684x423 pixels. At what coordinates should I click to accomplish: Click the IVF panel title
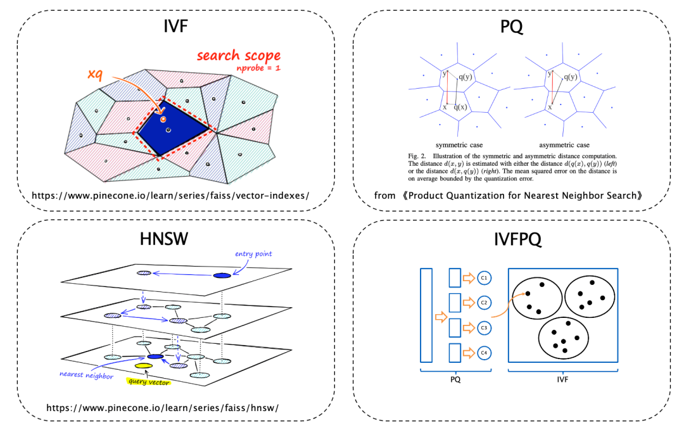[x=175, y=27]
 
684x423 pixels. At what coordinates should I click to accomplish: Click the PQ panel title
[x=512, y=27]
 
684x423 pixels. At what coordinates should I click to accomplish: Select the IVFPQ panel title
[x=512, y=239]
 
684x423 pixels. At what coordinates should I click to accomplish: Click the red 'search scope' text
[x=238, y=55]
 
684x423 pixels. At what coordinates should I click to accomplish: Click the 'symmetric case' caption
[x=460, y=145]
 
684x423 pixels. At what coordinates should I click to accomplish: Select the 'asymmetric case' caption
[x=563, y=145]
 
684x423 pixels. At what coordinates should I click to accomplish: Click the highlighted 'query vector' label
[x=148, y=381]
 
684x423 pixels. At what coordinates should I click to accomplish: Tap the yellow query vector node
[x=142, y=366]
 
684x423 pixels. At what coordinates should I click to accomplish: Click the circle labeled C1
[x=484, y=277]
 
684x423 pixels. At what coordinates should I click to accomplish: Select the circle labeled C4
[x=484, y=352]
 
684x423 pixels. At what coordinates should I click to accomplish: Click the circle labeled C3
[x=484, y=327]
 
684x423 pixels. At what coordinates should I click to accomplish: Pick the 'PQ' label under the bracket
[x=455, y=380]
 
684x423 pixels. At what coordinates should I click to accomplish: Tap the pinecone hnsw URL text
[x=163, y=407]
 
